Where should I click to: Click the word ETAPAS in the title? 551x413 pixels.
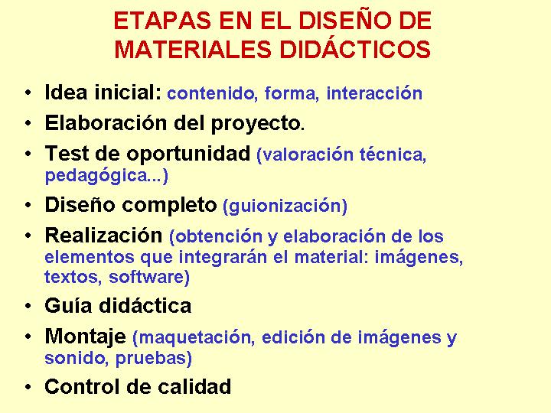pyautogui.click(x=162, y=21)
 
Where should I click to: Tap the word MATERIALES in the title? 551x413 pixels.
pyautogui.click(x=193, y=49)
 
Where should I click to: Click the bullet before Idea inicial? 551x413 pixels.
pyautogui.click(x=28, y=93)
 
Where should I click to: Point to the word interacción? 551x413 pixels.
pyautogui.click(x=374, y=93)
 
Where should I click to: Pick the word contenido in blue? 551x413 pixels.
pyautogui.click(x=211, y=94)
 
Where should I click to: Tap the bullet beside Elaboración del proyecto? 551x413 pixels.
pyautogui.click(x=28, y=123)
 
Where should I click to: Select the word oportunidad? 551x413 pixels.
pyautogui.click(x=188, y=154)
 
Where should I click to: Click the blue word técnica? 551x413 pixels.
pyautogui.click(x=393, y=154)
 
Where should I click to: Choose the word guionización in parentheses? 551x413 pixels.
pyautogui.click(x=285, y=206)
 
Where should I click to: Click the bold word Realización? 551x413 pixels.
pyautogui.click(x=103, y=236)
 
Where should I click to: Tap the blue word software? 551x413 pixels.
pyautogui.click(x=149, y=277)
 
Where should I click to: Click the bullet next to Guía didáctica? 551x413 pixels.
pyautogui.click(x=28, y=306)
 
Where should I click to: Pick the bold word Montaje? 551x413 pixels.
pyautogui.click(x=86, y=337)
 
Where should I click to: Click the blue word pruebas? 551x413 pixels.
pyautogui.click(x=154, y=358)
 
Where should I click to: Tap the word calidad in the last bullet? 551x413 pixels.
pyautogui.click(x=194, y=387)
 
